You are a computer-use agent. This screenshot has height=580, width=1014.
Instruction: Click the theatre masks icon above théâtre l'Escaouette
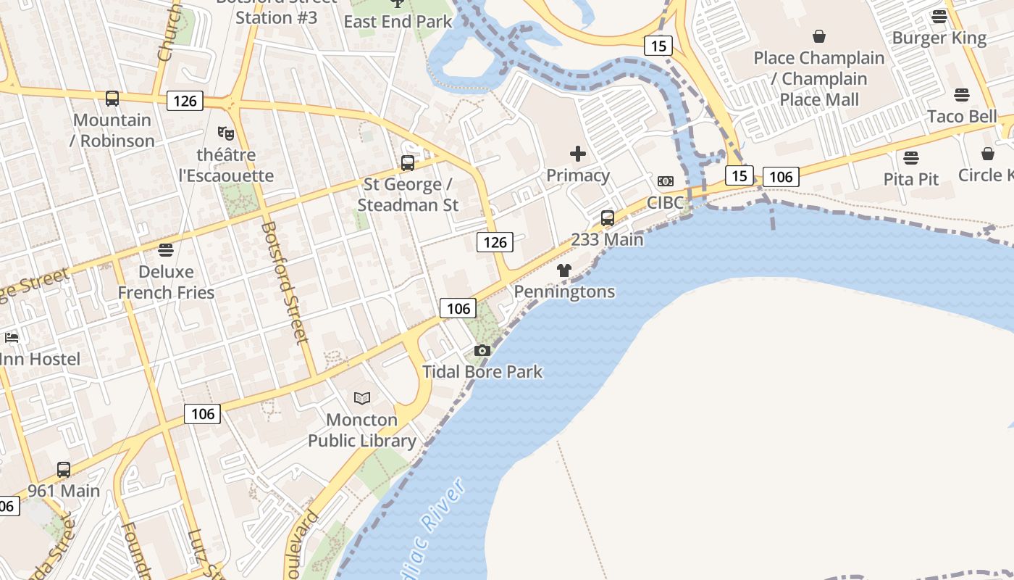[x=226, y=133]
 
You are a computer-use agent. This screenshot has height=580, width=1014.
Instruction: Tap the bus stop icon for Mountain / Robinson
[x=112, y=99]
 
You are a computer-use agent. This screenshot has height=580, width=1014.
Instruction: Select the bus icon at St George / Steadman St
[x=408, y=163]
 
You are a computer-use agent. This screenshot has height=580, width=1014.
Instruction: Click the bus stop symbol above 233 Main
[x=608, y=217]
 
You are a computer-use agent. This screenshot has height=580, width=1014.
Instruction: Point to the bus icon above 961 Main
[x=64, y=470]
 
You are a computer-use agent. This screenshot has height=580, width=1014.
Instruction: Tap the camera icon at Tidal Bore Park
[x=482, y=351]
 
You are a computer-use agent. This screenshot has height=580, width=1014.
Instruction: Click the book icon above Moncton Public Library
[x=362, y=398]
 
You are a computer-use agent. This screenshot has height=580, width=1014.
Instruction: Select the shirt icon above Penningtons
[x=564, y=270]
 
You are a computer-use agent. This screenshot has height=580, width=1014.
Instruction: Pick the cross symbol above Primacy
[x=578, y=154]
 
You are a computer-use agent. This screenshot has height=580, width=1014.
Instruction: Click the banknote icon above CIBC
[x=666, y=181]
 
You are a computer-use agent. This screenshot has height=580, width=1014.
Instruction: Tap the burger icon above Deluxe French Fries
[x=166, y=251]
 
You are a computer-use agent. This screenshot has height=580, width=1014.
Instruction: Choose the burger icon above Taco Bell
[x=962, y=95]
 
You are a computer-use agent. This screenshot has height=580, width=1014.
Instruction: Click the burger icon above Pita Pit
[x=911, y=158]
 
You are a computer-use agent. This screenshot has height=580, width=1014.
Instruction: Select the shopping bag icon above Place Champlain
[x=819, y=36]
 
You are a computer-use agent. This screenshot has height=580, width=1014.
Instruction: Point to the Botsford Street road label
[x=285, y=283]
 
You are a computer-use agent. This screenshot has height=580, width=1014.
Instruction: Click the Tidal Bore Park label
[x=482, y=372]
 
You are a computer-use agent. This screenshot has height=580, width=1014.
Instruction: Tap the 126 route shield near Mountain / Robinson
[x=185, y=101]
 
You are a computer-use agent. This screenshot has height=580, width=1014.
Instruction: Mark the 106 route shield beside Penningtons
[x=458, y=309]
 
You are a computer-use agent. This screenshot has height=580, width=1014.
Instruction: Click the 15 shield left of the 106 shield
[x=739, y=176]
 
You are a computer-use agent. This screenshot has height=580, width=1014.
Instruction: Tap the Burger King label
[x=939, y=38]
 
